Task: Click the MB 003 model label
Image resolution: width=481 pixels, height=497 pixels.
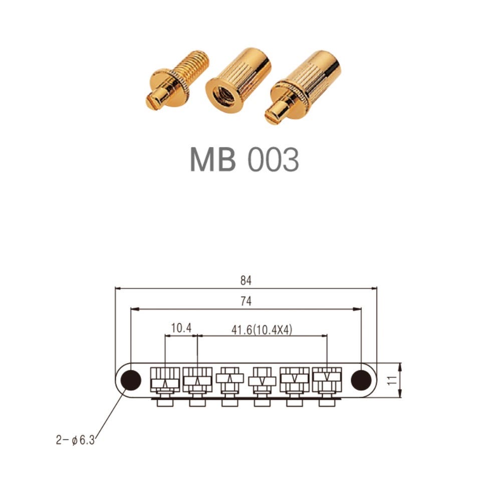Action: point(244,159)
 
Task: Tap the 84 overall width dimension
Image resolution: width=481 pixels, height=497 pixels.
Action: point(246,280)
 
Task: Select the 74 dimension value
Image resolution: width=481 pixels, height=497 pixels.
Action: point(246,301)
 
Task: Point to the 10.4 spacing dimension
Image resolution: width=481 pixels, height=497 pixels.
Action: point(181,328)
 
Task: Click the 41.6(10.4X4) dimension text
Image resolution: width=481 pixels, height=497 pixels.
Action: point(262,330)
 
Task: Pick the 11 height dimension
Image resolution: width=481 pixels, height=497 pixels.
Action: point(392,380)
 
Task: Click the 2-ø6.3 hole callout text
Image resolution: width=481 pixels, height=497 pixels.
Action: point(75,440)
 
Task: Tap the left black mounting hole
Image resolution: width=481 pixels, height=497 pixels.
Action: point(131,380)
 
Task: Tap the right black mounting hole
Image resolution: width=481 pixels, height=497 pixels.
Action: point(361,380)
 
